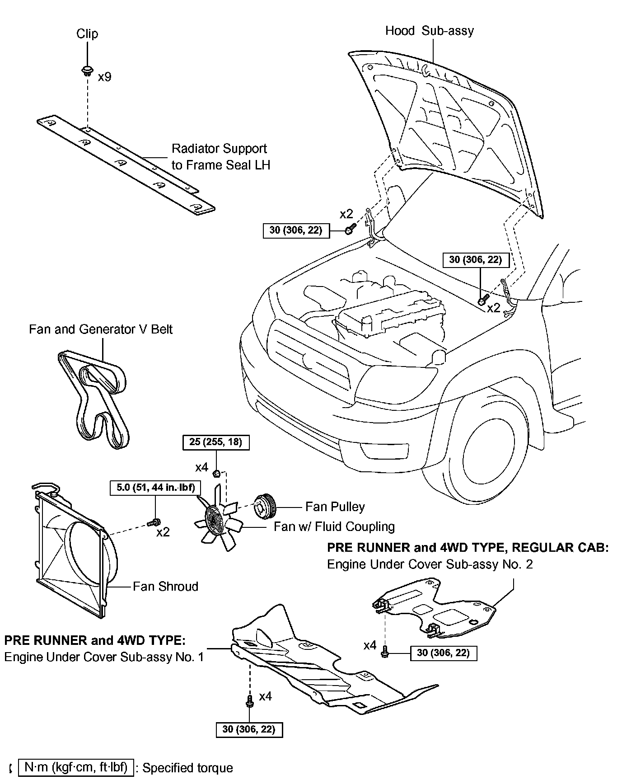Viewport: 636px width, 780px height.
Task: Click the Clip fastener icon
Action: point(86,70)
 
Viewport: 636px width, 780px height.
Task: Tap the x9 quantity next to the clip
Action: point(104,77)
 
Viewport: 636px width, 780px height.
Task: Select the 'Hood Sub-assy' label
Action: point(429,31)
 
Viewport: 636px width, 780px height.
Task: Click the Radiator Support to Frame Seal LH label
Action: point(220,157)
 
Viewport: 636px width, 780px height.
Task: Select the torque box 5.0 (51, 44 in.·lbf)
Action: point(155,488)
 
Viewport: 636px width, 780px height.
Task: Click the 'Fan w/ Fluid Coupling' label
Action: point(334,526)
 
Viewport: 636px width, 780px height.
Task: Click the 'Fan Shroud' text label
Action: point(165,586)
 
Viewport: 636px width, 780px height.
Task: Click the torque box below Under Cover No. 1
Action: point(249,729)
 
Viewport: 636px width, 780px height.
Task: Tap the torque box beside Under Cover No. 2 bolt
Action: point(443,653)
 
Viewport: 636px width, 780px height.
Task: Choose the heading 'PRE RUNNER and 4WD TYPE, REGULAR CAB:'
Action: point(468,548)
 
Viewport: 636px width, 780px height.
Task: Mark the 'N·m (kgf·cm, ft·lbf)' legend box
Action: point(76,767)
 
